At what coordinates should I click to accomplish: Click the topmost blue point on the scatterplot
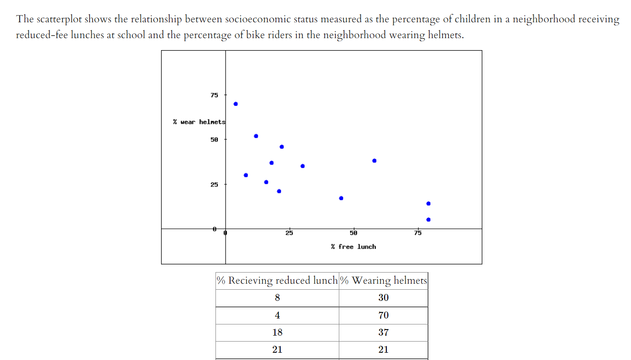[236, 104]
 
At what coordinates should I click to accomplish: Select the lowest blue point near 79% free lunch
[428, 220]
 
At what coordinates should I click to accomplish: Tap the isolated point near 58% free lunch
[374, 161]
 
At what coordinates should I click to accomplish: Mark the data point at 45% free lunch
[341, 198]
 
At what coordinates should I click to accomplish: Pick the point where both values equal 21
[279, 191]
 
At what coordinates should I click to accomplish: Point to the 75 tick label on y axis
[214, 95]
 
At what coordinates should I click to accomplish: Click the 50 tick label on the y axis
[214, 140]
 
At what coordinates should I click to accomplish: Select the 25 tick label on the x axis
[290, 233]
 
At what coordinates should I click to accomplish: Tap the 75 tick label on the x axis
[418, 233]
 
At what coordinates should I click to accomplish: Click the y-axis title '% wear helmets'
[199, 122]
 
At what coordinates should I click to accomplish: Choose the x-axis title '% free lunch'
[353, 247]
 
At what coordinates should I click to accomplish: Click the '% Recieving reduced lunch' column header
[277, 281]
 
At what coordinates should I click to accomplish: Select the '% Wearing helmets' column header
[383, 281]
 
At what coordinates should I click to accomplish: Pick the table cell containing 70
[383, 315]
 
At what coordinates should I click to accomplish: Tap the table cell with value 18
[277, 333]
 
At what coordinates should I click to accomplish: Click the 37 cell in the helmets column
[383, 333]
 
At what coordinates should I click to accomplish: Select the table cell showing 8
[277, 298]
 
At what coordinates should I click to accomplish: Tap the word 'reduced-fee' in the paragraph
[42, 35]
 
